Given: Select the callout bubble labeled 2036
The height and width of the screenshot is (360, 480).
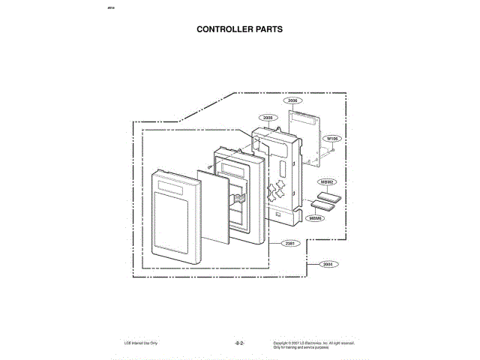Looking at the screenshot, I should click(292, 100).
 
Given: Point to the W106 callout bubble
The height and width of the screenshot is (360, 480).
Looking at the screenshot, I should click(332, 139).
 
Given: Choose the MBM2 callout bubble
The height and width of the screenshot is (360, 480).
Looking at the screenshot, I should click(327, 182).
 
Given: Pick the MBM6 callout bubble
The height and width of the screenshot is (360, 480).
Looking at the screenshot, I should click(315, 218).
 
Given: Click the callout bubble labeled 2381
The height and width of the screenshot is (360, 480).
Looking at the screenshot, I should click(290, 244).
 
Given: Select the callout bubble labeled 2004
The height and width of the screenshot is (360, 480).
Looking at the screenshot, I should click(326, 264).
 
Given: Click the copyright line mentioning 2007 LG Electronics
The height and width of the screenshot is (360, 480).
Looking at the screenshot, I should click(313, 343).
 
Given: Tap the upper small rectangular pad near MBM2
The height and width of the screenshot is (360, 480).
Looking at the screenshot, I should click(328, 197).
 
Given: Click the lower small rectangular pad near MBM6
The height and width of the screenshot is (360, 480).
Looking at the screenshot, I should click(319, 206).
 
